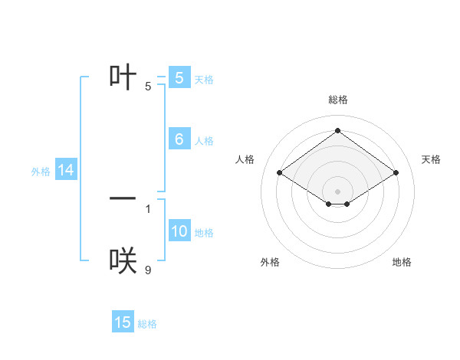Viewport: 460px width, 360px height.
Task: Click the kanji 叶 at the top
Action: [x=123, y=77]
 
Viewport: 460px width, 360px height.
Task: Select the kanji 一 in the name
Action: [x=123, y=198]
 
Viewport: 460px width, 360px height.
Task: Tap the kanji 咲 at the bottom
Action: [x=123, y=261]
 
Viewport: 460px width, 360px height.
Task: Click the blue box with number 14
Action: [x=66, y=171]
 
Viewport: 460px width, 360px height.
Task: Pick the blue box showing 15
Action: [x=123, y=322]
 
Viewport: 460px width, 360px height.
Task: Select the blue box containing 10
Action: [x=179, y=232]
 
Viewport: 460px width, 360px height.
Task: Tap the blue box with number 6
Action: [x=179, y=139]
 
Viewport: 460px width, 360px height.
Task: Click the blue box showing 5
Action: [x=179, y=77]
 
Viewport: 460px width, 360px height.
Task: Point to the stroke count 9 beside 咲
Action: [x=148, y=270]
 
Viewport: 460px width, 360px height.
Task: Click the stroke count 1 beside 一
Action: [x=148, y=208]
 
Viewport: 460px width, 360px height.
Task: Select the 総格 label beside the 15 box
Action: [x=147, y=324]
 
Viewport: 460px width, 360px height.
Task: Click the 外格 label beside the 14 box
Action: [x=41, y=172]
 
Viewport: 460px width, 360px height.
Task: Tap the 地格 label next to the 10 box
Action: [x=204, y=233]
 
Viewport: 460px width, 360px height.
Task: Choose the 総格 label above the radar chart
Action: [x=337, y=100]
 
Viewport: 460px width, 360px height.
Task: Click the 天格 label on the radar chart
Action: [x=431, y=159]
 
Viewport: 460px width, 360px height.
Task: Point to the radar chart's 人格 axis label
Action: [x=245, y=159]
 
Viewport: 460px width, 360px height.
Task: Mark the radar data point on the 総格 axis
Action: [x=337, y=130]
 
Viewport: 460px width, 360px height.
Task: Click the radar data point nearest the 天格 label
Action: [x=396, y=173]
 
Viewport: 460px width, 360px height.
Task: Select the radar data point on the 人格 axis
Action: [x=280, y=173]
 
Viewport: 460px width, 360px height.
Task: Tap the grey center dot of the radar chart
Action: [x=337, y=191]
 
